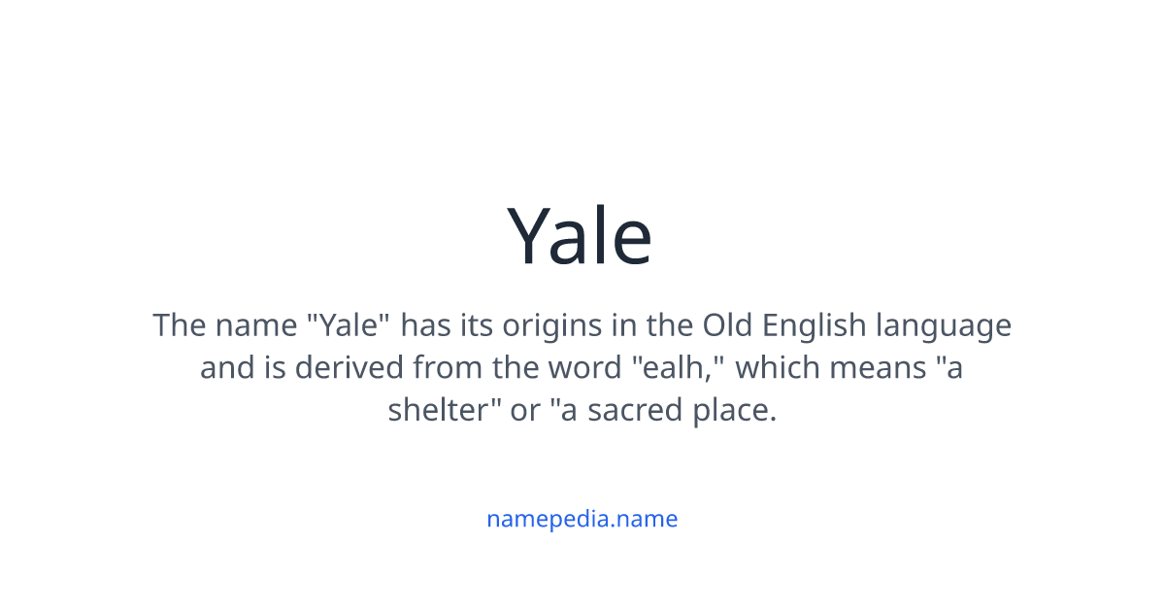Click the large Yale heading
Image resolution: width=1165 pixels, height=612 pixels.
tap(581, 236)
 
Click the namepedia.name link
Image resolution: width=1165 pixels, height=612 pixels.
tap(582, 519)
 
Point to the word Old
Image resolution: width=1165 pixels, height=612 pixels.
tap(727, 324)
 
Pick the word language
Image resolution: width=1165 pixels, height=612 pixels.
tap(944, 325)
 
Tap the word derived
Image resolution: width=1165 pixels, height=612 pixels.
tap(350, 367)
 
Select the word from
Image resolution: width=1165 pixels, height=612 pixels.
tap(442, 367)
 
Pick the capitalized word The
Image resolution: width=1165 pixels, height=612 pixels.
tap(179, 324)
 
